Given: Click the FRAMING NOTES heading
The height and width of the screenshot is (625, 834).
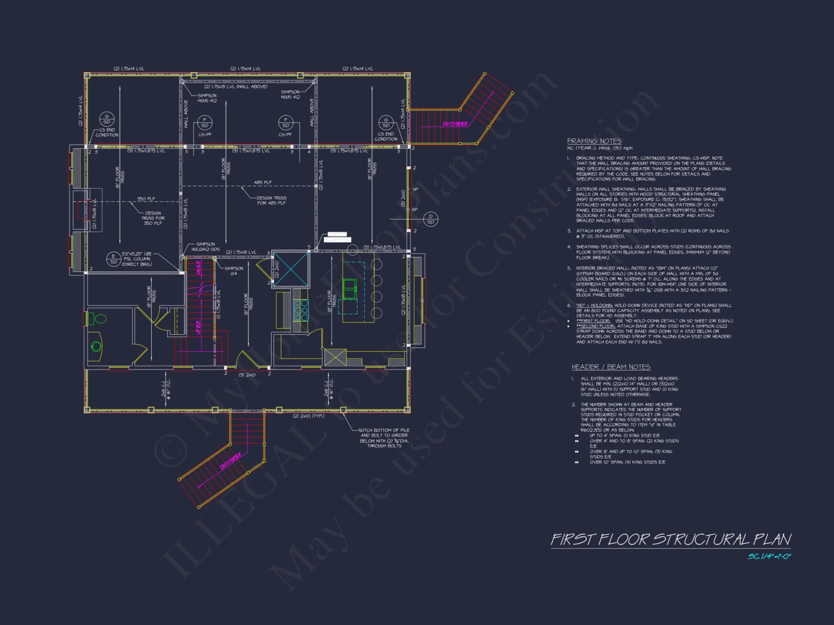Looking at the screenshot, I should point(594,141).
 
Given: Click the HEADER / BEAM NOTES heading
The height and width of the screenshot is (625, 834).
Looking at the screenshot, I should point(610,367).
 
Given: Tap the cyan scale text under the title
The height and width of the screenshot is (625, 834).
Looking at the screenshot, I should point(769,557).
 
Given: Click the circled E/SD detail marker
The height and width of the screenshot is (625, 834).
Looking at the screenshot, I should point(113,259).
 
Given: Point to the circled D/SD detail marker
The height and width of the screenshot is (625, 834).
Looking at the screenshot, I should point(430,219).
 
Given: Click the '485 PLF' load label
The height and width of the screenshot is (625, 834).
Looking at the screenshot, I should point(263,182).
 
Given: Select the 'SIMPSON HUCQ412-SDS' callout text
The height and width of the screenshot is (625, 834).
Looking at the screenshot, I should point(205,247).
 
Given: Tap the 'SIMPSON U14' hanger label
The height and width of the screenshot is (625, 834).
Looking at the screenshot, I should point(234,271).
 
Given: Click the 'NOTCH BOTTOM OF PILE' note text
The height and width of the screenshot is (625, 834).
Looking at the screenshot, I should point(384,430).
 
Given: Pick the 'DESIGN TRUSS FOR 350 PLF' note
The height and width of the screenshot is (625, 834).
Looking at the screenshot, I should point(153,218).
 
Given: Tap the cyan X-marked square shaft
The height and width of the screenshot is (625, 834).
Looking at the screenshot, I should point(291,270).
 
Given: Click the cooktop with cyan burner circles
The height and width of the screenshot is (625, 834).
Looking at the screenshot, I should point(301,310).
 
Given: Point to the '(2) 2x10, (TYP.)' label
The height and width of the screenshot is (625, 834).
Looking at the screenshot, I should point(308,416).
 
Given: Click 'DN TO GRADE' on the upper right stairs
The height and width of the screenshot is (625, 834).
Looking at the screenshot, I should point(455,124).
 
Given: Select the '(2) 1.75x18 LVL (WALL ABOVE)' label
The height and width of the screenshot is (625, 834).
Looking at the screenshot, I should point(236,87).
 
